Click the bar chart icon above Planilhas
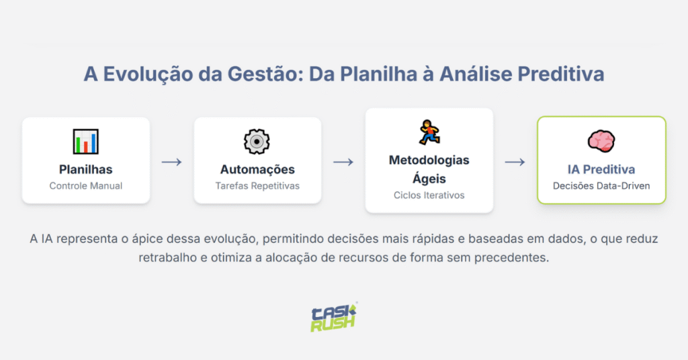[x=86, y=141]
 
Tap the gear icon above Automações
[x=257, y=141]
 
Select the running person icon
[x=429, y=132]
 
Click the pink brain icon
[x=601, y=140]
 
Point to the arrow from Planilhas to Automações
[x=172, y=162]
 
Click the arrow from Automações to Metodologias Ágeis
[x=343, y=162]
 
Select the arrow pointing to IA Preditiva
[x=515, y=162]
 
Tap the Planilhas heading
[x=85, y=169]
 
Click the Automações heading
[x=257, y=169]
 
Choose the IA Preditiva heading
[x=601, y=169]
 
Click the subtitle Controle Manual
[x=86, y=185]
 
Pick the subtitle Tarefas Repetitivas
[x=257, y=185]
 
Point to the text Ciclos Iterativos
[x=429, y=195]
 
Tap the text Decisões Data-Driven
[x=601, y=185]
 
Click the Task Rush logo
[x=334, y=316]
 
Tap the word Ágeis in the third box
[x=429, y=178]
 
